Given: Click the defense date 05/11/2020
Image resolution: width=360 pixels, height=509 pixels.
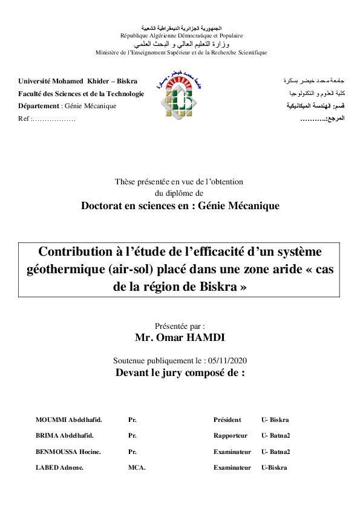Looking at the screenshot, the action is coord(227,361).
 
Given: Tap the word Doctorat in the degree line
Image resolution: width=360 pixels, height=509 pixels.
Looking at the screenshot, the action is coord(104,206).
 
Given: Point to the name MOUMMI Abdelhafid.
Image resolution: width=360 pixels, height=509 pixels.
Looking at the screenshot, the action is coord(68,420).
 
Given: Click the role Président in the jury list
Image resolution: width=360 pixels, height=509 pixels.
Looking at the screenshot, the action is coord(227,420).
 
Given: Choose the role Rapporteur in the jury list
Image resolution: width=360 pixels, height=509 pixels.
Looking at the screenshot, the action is coord(230,435).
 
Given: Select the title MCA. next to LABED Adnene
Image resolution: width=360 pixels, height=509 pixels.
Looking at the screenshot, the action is coord(137,467).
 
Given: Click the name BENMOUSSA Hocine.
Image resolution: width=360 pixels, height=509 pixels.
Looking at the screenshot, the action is coord(68,452).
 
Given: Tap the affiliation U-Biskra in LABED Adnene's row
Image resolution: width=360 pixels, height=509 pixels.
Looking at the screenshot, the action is coord(274,467).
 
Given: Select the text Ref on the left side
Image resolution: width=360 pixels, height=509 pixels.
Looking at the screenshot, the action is coord(24,118).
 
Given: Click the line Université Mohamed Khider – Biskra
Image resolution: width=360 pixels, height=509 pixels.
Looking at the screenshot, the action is coord(77,81).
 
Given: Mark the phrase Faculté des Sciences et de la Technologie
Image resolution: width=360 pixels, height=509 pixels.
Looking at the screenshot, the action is coord(81,94).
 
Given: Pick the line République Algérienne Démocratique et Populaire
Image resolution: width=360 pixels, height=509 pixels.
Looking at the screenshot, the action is coord(182,36).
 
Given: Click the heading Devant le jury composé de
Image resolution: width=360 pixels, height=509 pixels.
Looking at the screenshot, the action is coord(180,372).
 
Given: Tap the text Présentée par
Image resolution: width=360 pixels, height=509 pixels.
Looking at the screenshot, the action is coord(180,325).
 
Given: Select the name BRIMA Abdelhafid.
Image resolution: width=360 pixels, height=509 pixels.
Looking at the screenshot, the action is coord(65,435).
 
